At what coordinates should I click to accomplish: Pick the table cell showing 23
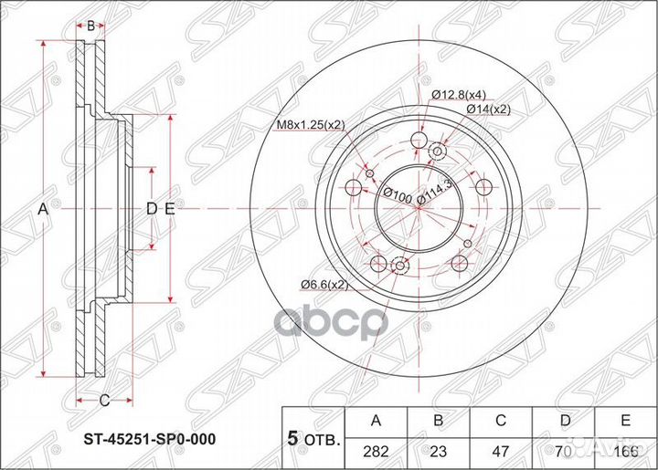coord(440,448)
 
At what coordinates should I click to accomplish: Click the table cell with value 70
coord(564,448)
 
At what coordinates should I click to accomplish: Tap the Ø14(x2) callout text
coord(490,109)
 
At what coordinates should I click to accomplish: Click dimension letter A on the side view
coord(42,209)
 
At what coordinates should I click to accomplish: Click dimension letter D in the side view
coord(152,209)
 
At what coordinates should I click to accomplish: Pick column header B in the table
coord(440,421)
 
